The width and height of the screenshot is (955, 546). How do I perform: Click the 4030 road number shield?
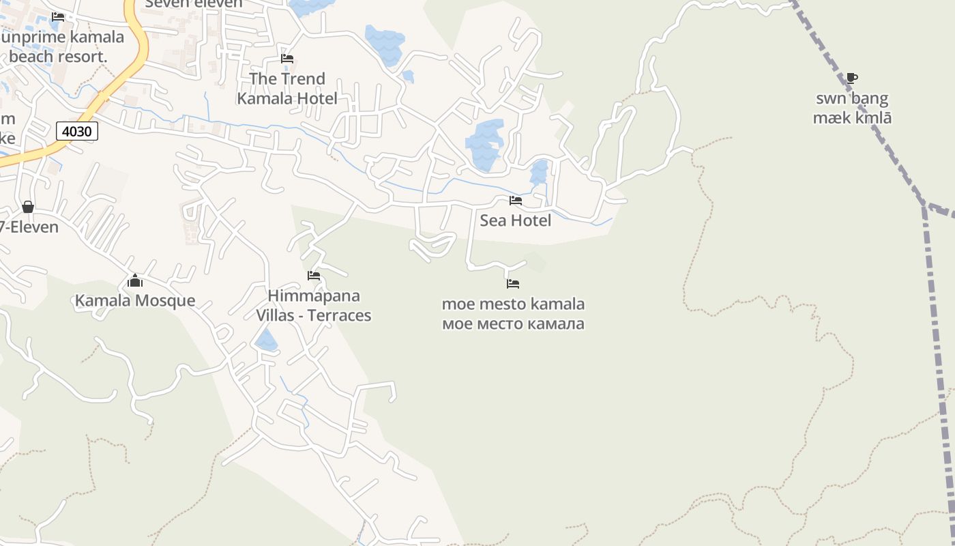[77, 131]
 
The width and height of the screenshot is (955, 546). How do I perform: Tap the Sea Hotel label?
[515, 220]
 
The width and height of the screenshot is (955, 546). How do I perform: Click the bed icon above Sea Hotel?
[516, 201]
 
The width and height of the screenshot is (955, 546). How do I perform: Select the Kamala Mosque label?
[135, 300]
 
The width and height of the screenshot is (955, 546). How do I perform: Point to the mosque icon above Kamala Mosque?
[135, 281]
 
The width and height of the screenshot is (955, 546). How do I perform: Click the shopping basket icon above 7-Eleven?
[28, 207]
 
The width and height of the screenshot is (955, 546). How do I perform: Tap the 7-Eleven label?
[30, 227]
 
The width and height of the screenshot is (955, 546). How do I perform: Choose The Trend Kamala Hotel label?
[287, 89]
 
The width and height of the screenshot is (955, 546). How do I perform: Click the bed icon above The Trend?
[287, 59]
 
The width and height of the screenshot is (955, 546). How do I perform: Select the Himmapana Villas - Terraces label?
[314, 305]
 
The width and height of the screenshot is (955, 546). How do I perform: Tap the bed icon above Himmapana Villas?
[314, 276]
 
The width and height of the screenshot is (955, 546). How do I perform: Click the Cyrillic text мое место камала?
[513, 324]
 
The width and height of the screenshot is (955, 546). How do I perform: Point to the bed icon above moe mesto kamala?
[513, 283]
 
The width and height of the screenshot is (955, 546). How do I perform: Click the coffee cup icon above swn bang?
[851, 78]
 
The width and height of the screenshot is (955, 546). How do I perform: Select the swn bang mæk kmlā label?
[852, 108]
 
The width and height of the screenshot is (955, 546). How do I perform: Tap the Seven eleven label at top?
[194, 4]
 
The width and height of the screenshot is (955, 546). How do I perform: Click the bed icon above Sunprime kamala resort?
[58, 17]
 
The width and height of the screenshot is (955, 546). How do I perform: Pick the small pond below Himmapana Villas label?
[266, 340]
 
